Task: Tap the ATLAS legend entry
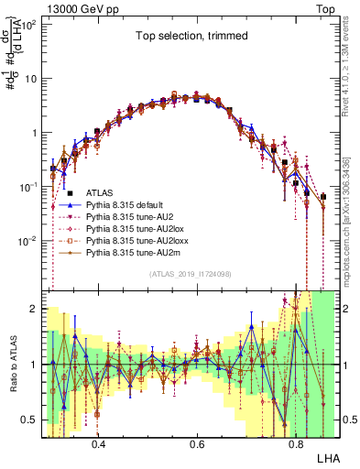pyautogui.click(x=100, y=193)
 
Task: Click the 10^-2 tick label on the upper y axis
pyautogui.click(x=27, y=241)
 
